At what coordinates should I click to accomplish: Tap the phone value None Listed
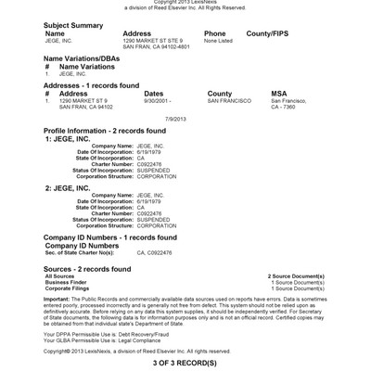pyautogui.click(x=219, y=40)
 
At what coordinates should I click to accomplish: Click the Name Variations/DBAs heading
pyautogui.click(x=87, y=58)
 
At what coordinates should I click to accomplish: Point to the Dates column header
pyautogui.click(x=154, y=94)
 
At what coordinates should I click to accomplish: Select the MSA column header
pyautogui.click(x=279, y=94)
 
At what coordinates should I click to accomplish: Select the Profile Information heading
pyautogui.click(x=105, y=131)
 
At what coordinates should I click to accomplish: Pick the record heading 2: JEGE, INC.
pyautogui.click(x=71, y=187)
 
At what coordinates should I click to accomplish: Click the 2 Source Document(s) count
pyautogui.click(x=295, y=276)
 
